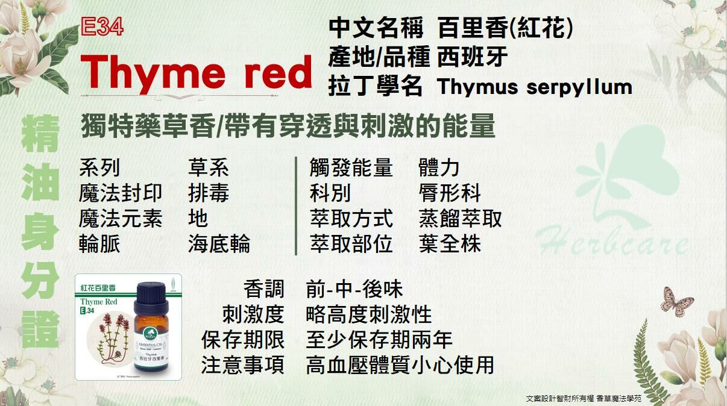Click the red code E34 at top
tap(102, 27)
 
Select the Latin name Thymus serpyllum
tap(535, 87)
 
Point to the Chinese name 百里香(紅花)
tap(505, 28)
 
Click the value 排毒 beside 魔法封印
tap(208, 193)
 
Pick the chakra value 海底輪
tap(219, 244)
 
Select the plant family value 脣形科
tap(449, 193)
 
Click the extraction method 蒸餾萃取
tap(460, 219)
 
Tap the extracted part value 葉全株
tap(449, 244)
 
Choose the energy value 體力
tap(439, 168)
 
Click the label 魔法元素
tap(121, 219)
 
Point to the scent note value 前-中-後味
tap(354, 289)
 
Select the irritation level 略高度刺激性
tap(369, 314)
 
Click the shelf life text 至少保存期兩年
tap(379, 340)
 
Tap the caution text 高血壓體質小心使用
tap(400, 365)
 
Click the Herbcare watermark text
tap(612, 242)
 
